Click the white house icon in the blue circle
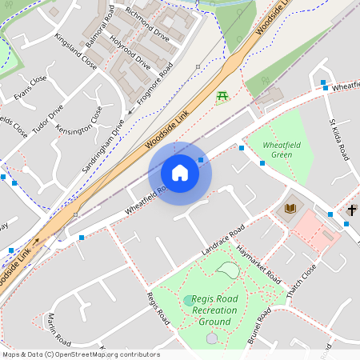180,173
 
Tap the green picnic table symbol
222,97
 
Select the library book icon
290,210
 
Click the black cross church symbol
352,210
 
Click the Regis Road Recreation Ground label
204,310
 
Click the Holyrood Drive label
130,50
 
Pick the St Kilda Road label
339,139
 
